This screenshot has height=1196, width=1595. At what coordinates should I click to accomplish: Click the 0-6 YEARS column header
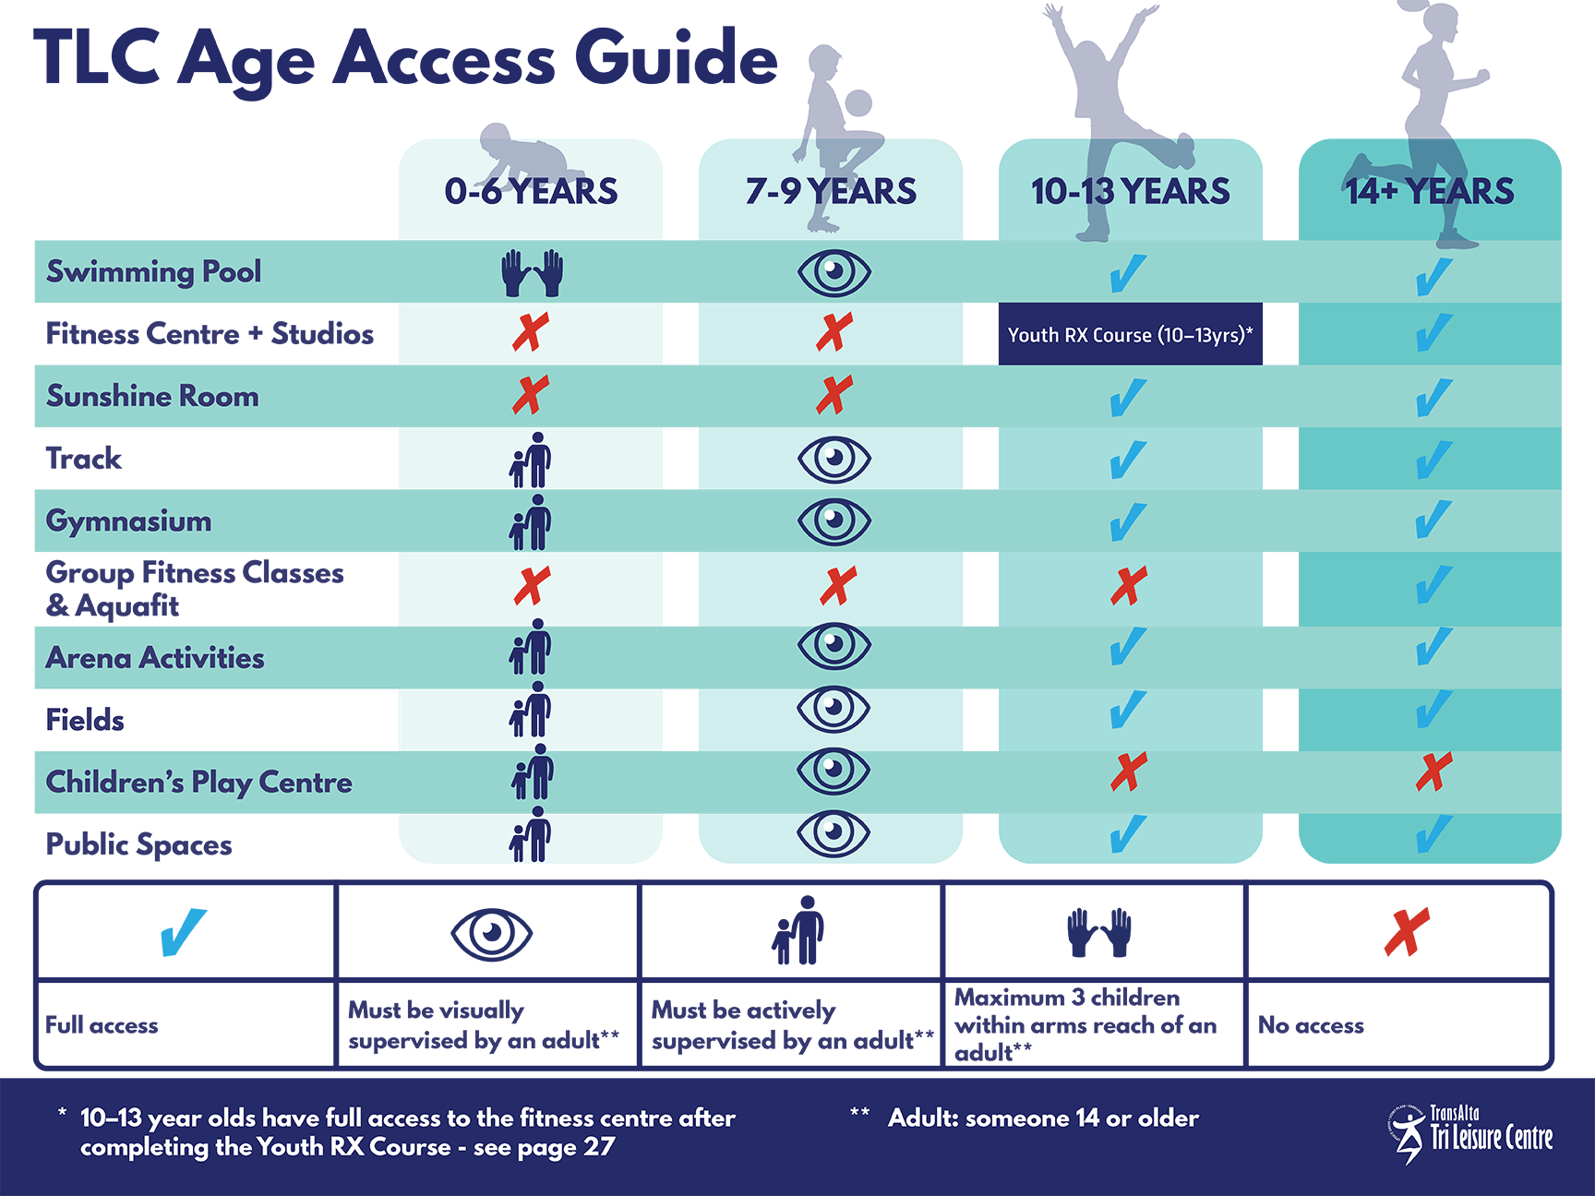(x=531, y=191)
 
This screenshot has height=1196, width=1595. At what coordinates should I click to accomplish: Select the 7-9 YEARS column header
(x=831, y=191)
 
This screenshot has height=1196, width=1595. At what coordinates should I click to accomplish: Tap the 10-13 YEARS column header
(x=1130, y=191)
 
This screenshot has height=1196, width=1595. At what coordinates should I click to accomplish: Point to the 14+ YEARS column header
(x=1429, y=191)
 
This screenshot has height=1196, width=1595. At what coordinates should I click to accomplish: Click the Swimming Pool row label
(x=154, y=271)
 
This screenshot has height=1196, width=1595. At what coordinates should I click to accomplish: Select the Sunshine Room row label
(x=153, y=396)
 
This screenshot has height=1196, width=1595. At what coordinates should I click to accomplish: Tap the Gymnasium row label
(x=129, y=520)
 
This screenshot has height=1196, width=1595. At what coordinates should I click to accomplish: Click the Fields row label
(x=85, y=720)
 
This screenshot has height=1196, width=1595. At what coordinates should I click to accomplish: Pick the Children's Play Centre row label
(x=199, y=783)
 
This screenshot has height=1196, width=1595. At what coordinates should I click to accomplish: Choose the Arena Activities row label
(x=155, y=658)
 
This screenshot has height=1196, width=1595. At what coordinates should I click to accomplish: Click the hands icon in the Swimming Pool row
(x=532, y=272)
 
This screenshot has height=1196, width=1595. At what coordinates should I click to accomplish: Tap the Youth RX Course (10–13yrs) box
(x=1130, y=334)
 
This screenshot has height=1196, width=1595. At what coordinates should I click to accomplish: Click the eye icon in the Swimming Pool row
(x=833, y=272)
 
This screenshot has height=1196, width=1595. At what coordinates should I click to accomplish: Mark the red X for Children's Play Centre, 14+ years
(x=1433, y=771)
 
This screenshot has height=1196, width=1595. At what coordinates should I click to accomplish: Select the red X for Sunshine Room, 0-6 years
(x=531, y=396)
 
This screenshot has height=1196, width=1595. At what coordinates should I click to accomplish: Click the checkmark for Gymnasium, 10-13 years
(x=1128, y=521)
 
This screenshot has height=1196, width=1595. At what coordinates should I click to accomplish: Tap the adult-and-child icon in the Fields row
(x=531, y=710)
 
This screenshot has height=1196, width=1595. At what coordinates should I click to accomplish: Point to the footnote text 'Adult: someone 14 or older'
(x=1043, y=1118)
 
